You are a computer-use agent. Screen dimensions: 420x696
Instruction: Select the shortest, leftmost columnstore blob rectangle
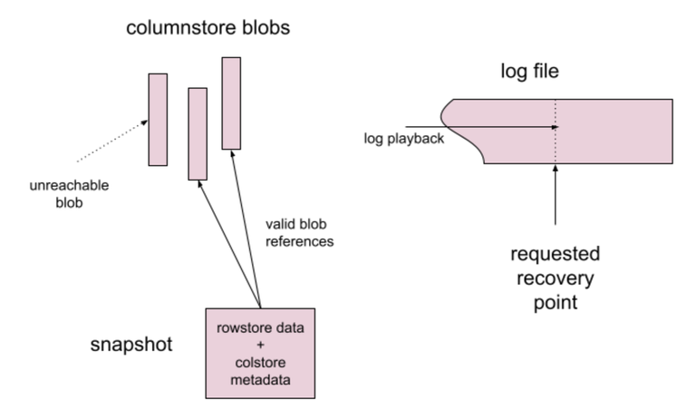click(158, 120)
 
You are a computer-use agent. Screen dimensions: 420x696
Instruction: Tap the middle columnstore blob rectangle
click(198, 133)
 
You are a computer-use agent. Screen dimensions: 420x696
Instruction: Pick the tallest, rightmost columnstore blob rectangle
click(231, 103)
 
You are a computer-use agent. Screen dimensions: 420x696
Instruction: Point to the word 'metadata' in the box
click(260, 378)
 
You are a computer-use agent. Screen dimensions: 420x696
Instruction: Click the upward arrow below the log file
click(556, 195)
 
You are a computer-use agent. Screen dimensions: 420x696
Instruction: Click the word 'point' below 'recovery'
click(556, 300)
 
